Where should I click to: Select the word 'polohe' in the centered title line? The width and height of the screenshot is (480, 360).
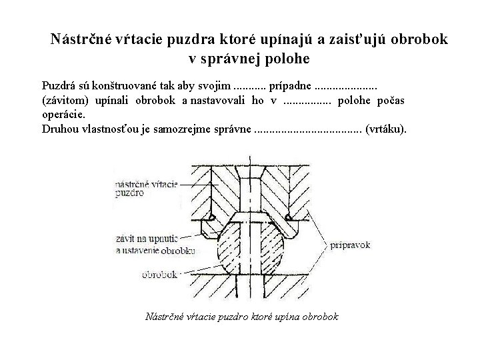[287, 59]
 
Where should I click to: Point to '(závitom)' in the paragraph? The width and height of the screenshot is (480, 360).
[63, 100]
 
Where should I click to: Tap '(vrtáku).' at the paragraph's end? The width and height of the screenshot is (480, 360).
[386, 128]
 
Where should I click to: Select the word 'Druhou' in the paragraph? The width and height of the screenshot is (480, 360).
[59, 128]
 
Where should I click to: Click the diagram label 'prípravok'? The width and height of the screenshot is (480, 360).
[351, 245]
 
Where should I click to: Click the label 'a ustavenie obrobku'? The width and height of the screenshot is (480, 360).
[155, 251]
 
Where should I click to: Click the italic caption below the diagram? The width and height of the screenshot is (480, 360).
[241, 316]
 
